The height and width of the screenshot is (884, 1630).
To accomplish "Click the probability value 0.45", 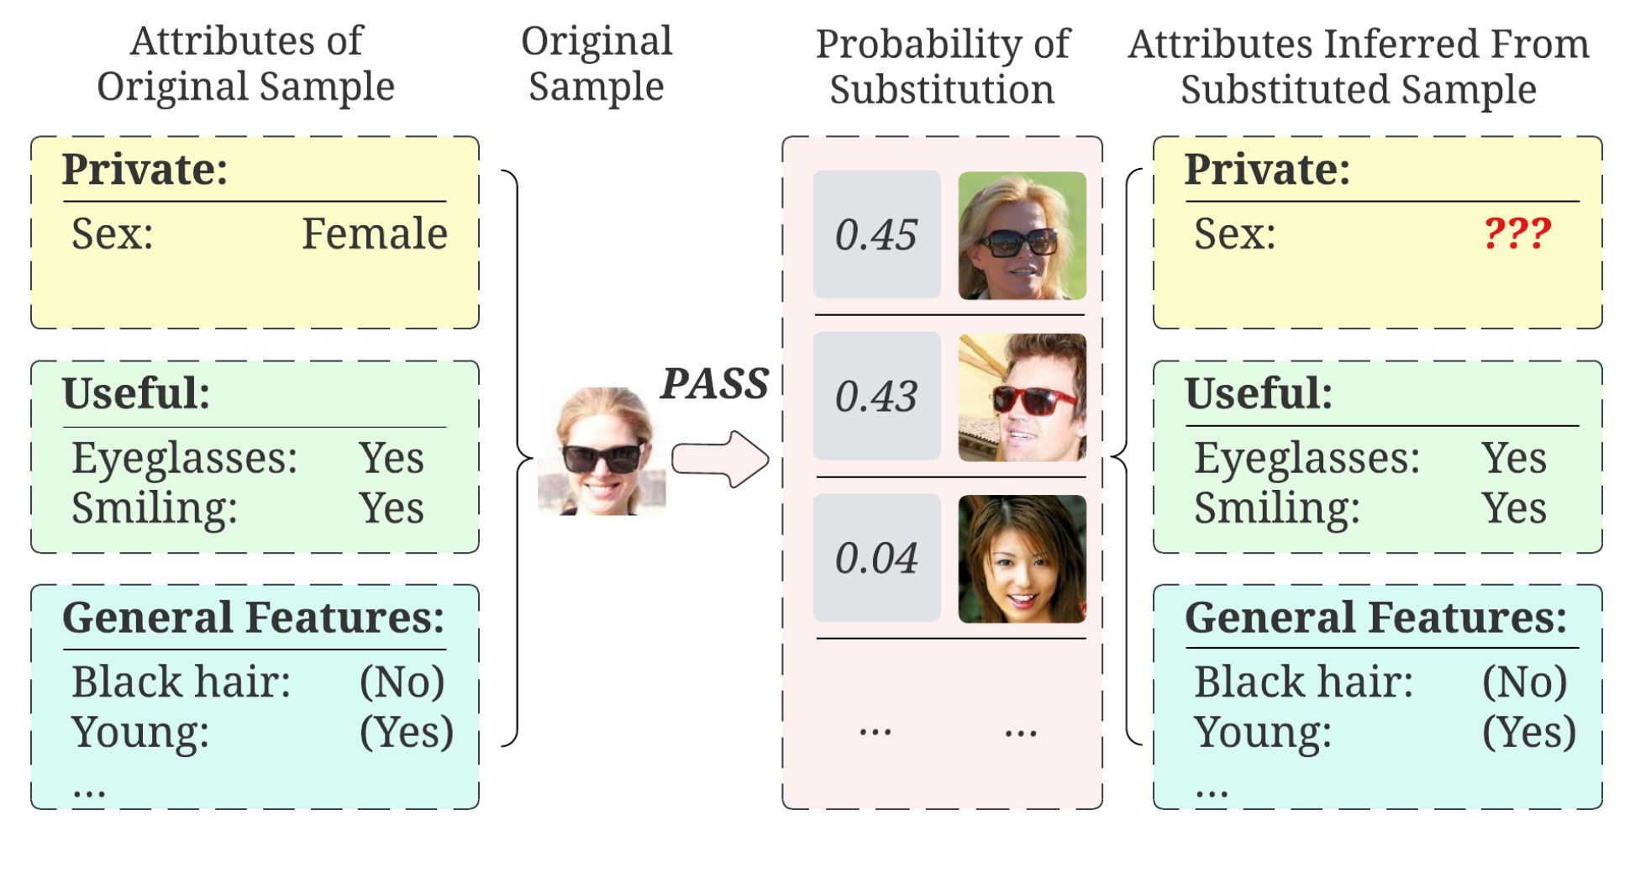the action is click(x=875, y=234).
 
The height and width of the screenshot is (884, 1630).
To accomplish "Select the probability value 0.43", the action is click(x=875, y=396).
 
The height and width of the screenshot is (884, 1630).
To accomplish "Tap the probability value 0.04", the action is click(x=875, y=558).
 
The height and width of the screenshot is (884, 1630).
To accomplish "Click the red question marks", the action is click(x=1517, y=233).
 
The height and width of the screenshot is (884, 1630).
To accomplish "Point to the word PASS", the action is click(x=714, y=383).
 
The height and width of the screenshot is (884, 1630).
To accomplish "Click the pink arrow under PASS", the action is click(x=720, y=459).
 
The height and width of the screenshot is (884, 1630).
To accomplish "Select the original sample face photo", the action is click(x=602, y=451).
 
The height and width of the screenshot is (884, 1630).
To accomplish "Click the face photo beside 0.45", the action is click(x=1022, y=235).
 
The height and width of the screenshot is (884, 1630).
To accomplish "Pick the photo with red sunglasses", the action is click(x=1022, y=397).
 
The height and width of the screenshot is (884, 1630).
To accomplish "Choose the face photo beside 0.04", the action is click(x=1022, y=559).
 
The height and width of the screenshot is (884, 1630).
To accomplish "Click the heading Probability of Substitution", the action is click(x=943, y=66).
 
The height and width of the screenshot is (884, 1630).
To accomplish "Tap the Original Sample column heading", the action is click(x=597, y=64).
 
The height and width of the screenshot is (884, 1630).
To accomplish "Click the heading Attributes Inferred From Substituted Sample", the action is click(x=1359, y=66).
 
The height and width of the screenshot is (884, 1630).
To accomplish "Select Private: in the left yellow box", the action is click(x=145, y=169).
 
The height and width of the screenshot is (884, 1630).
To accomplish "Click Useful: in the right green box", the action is click(x=1259, y=392).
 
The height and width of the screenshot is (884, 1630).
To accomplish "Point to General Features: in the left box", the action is click(x=254, y=618).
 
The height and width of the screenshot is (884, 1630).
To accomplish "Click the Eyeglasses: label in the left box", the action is click(x=184, y=458).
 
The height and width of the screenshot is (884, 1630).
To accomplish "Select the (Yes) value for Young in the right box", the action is click(x=1529, y=731).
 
